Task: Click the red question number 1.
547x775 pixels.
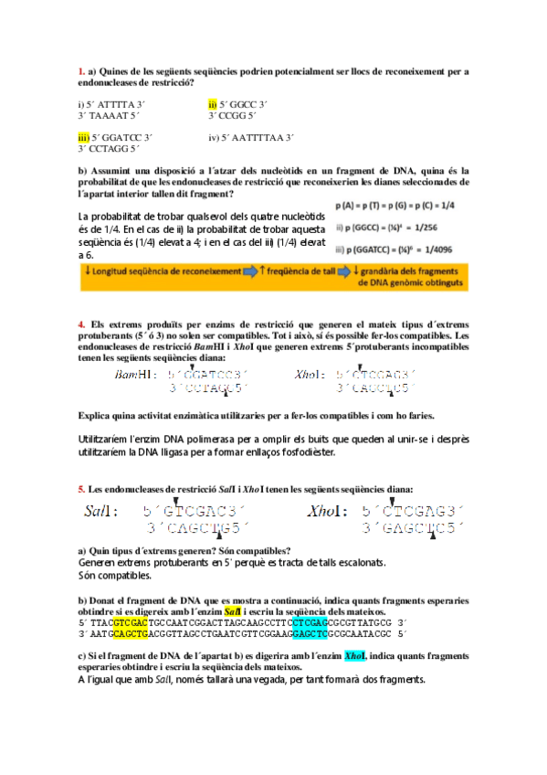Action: click(80, 71)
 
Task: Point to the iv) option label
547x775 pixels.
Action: click(214, 137)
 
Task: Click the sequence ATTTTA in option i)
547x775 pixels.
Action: click(113, 104)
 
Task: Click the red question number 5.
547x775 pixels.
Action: click(80, 489)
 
